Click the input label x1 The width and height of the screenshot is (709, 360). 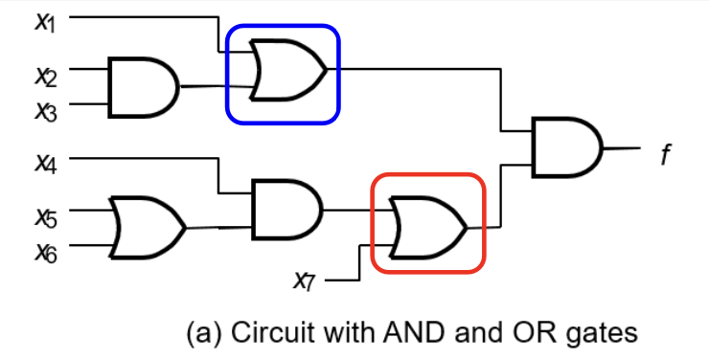tap(45, 22)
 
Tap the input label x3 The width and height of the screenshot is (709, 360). tap(46, 111)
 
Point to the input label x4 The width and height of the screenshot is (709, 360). tap(46, 163)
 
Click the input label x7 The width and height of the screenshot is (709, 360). tap(304, 281)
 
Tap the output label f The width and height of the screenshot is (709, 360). tap(665, 154)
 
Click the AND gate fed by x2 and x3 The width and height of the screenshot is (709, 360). tap(144, 87)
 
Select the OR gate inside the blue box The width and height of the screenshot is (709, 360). tap(288, 69)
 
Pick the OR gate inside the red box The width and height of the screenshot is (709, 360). tap(428, 227)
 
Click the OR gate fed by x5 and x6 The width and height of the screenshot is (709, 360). tap(148, 227)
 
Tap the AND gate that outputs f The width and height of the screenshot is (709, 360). tap(567, 147)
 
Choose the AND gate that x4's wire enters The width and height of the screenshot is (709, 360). tap(287, 209)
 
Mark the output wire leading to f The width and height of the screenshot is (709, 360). tap(622, 147)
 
